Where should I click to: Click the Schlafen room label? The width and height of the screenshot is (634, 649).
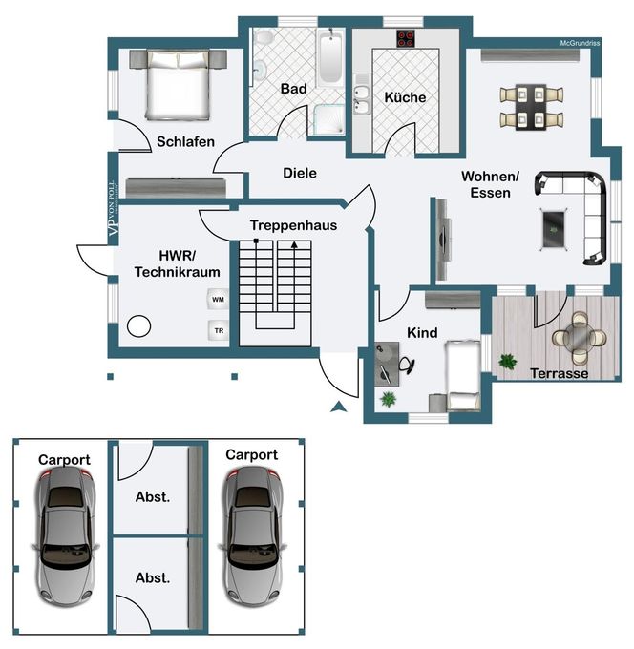[185, 141]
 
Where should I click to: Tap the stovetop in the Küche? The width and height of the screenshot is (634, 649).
[406, 38]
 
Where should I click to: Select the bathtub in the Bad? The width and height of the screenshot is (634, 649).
[330, 57]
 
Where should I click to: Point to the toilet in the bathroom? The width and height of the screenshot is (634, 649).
[264, 37]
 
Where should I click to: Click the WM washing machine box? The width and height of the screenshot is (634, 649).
[218, 299]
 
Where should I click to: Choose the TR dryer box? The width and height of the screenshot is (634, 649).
[219, 331]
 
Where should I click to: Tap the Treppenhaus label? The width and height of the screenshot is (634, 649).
[293, 225]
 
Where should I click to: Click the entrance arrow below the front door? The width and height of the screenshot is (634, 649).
[339, 407]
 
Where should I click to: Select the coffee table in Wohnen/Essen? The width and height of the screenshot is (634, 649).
[554, 230]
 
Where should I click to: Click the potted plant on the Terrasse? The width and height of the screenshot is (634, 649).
[508, 362]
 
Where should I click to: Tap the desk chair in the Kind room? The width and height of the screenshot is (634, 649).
[407, 365]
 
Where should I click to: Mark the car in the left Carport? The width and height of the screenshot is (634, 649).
[65, 536]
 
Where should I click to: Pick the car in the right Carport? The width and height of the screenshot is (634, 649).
[253, 536]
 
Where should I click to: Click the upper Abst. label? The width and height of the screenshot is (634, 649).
[153, 497]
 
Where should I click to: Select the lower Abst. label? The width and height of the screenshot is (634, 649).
[153, 577]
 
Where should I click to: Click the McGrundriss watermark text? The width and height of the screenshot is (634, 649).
[580, 43]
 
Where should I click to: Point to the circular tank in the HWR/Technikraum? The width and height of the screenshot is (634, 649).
[138, 326]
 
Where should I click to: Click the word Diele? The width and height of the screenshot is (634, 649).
[300, 173]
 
